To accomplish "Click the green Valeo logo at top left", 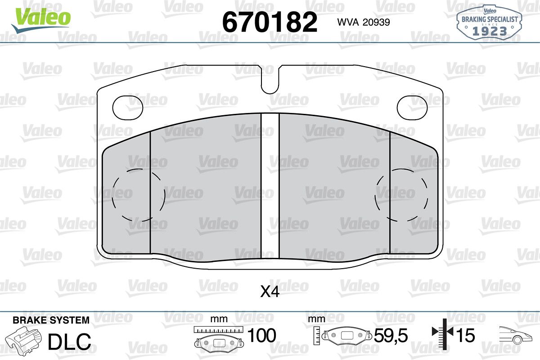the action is click(x=41, y=20).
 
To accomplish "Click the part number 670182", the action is click(x=270, y=22).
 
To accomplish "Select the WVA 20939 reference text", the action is click(x=364, y=22).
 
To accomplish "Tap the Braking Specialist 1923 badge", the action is click(x=490, y=22).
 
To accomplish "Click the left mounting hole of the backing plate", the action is click(x=128, y=108).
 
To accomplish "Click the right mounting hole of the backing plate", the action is click(x=412, y=108).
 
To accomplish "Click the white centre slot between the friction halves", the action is click(x=270, y=186).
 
